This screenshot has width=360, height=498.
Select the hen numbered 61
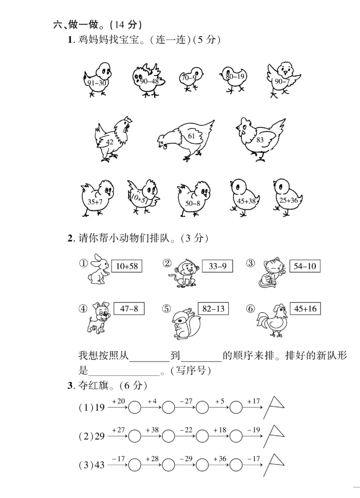click(x=188, y=138)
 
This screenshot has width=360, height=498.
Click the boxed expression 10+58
click(x=126, y=266)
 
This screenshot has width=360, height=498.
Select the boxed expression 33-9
click(x=217, y=266)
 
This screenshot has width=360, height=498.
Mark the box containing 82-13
click(x=213, y=309)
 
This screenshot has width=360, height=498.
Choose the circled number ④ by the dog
click(x=83, y=309)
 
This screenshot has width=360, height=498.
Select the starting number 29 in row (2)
click(x=99, y=436)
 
